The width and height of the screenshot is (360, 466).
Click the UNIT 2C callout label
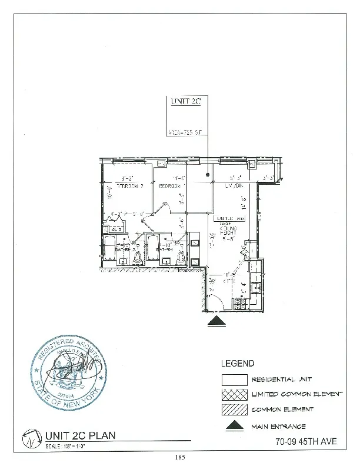tap(186, 102)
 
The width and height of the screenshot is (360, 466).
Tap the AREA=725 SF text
tap(185, 134)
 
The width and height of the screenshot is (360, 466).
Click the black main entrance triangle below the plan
tap(218, 321)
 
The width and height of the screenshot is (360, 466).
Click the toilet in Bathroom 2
tap(138, 257)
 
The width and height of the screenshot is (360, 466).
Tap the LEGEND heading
tap(238, 364)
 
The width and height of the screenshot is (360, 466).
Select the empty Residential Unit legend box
tap(234, 380)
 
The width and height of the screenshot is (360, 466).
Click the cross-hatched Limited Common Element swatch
tap(234, 395)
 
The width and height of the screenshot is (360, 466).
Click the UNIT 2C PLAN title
tap(80, 435)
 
